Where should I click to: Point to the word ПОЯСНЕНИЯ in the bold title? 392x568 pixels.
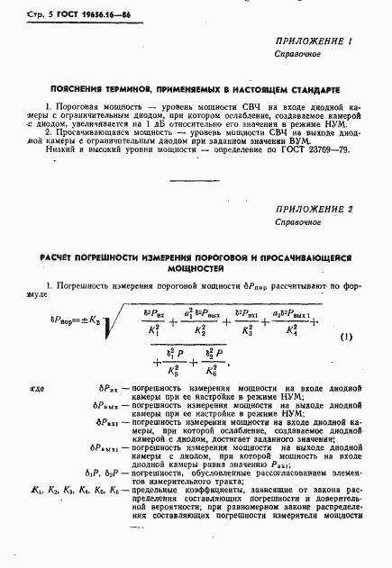(75, 91)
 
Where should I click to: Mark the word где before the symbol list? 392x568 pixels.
(36, 389)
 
